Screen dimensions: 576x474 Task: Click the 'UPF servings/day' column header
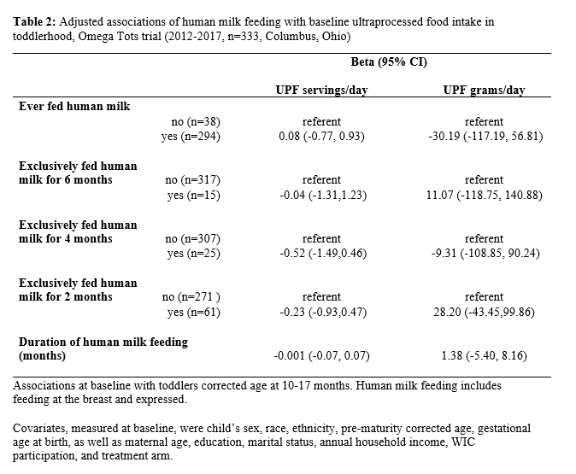[322, 90]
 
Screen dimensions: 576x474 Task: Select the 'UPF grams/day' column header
[485, 90]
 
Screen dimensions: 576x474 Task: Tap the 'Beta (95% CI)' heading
[389, 61]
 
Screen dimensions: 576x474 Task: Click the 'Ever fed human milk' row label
[74, 107]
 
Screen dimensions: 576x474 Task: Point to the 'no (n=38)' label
[196, 121]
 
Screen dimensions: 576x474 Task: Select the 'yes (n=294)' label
[191, 137]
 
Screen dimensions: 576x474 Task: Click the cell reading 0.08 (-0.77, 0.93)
[322, 137]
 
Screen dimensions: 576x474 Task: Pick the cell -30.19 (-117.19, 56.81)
[485, 137]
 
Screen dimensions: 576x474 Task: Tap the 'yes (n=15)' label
[194, 195]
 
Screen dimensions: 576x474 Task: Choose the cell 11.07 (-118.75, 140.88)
[485, 195]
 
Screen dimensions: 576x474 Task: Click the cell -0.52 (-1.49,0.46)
[323, 254]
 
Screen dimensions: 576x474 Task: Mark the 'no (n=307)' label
[193, 239]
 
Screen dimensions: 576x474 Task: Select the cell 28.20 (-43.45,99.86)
[484, 312]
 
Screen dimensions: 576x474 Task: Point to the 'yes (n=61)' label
[194, 312]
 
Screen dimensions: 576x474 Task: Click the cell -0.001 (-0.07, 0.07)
[321, 356]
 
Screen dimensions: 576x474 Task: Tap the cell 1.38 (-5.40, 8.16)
[485, 356]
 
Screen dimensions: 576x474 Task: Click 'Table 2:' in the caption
[34, 22]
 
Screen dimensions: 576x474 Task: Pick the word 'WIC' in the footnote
[463, 442]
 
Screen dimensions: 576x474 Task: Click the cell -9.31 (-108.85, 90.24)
[485, 254]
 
